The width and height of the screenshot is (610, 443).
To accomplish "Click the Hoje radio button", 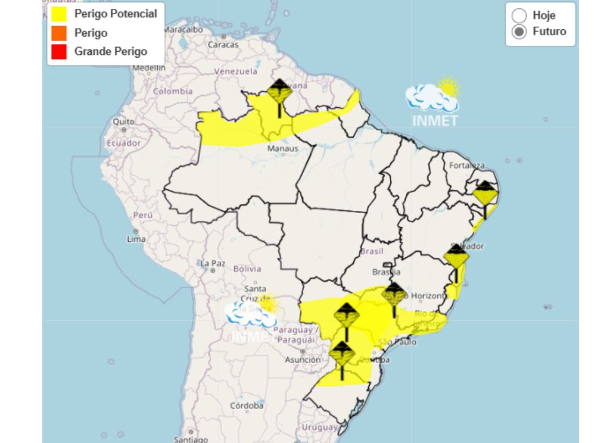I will click(519, 15).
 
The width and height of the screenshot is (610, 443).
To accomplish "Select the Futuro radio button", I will click(519, 32).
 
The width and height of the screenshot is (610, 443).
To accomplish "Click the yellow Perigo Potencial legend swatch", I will click(58, 14).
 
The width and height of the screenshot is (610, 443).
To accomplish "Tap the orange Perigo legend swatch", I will click(58, 33).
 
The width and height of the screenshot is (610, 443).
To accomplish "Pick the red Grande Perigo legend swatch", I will click(58, 52).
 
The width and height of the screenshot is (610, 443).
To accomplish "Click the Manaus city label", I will click(283, 148).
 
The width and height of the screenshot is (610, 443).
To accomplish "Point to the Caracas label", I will click(223, 44).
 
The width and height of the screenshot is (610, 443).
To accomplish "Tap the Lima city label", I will click(136, 239).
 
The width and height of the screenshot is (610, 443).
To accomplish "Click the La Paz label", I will click(212, 263).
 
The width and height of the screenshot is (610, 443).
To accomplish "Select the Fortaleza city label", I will click(467, 165).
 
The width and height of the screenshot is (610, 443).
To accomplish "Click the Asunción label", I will click(302, 360).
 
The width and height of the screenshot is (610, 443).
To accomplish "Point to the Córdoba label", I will click(247, 405).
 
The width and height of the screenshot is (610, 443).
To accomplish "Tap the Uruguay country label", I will click(319, 428).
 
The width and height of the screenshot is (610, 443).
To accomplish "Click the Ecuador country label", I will click(124, 143).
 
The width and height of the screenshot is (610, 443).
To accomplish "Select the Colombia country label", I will click(173, 91).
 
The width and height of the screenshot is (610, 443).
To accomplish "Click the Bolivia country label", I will click(247, 269).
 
